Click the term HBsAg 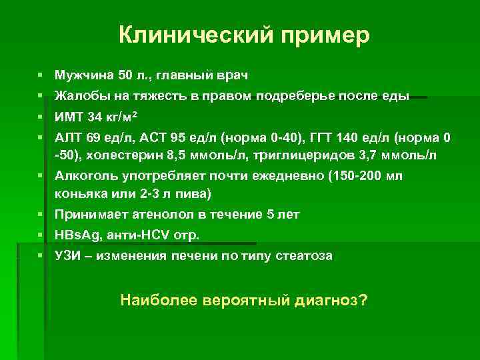(77, 235)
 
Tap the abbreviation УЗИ (69, 256)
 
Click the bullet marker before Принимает (41, 215)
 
